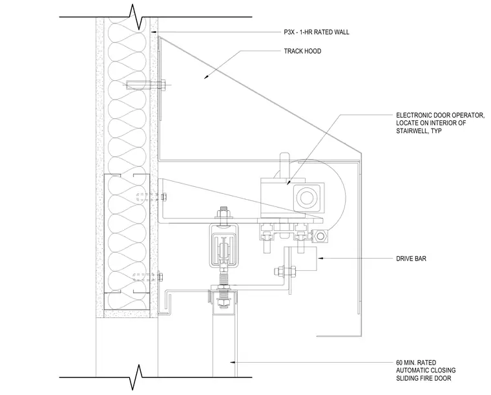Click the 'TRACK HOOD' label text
tap(302, 51)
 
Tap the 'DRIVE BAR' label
tap(411, 259)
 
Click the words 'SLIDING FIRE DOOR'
tap(424, 378)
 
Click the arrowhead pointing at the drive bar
tap(320, 258)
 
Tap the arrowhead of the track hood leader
tap(206, 76)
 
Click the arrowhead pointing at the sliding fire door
tap(233, 362)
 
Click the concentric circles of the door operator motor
tap(305, 197)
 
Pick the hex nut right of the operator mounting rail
tap(320, 236)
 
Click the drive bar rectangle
tap(302, 259)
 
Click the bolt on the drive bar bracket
tap(284, 272)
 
